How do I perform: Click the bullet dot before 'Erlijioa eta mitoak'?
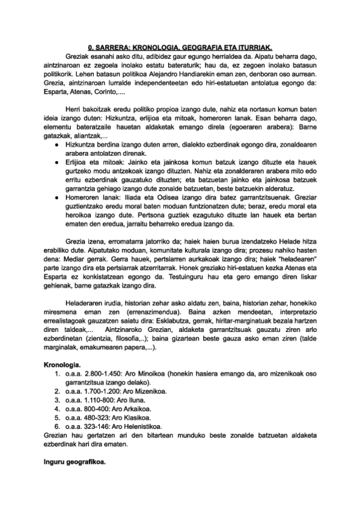coord(56,162)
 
